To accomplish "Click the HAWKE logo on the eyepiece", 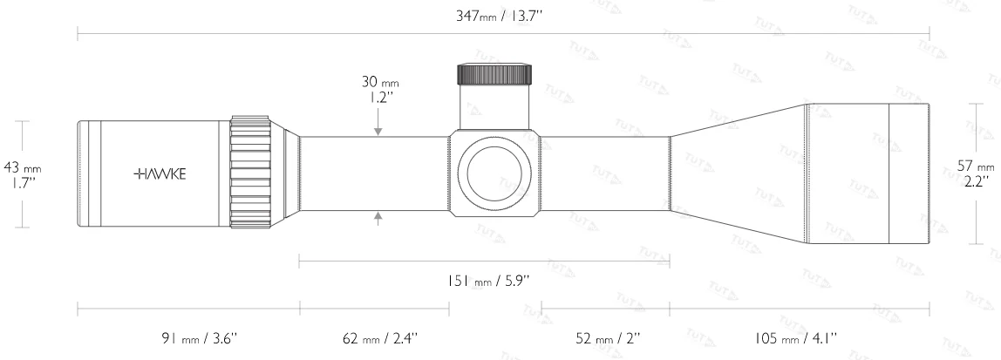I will tap(160, 173).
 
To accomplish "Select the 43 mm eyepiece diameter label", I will tap(22, 166).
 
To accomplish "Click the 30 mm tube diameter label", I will tap(378, 83).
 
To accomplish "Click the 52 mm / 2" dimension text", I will tap(605, 336).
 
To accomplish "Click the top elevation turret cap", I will tap(494, 73).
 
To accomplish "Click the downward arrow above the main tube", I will tap(378, 129).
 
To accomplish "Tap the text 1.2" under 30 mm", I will tap(378, 98).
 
